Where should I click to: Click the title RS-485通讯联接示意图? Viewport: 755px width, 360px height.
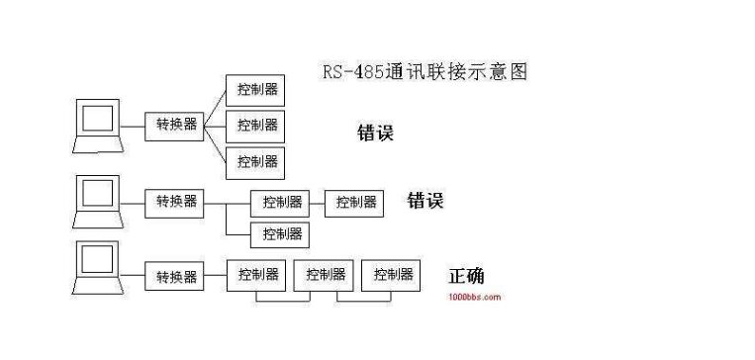pyautogui.click(x=425, y=72)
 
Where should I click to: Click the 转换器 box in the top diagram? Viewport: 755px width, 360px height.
pyautogui.click(x=174, y=127)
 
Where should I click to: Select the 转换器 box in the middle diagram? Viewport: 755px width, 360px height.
pyautogui.click(x=174, y=204)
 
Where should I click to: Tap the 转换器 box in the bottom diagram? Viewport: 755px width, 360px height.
pyautogui.click(x=174, y=276)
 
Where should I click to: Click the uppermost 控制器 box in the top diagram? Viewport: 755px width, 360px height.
pyautogui.click(x=255, y=90)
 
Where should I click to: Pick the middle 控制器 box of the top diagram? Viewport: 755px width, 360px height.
pyautogui.click(x=255, y=127)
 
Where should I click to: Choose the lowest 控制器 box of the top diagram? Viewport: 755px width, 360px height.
pyautogui.click(x=255, y=163)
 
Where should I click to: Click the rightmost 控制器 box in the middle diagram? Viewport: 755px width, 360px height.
pyautogui.click(x=354, y=204)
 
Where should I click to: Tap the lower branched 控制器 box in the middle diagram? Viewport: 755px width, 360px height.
pyautogui.click(x=280, y=234)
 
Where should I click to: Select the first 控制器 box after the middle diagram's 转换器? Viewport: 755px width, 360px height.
pyautogui.click(x=280, y=204)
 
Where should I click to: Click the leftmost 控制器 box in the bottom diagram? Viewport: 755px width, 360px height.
pyautogui.click(x=256, y=275)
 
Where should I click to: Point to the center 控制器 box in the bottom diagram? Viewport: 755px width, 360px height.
pyautogui.click(x=324, y=275)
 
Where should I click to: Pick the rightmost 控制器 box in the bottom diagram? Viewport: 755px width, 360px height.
pyautogui.click(x=391, y=275)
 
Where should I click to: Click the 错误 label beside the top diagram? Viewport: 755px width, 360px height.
pyautogui.click(x=376, y=133)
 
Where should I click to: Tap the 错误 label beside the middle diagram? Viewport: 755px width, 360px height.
pyautogui.click(x=425, y=200)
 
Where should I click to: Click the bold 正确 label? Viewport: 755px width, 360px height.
pyautogui.click(x=467, y=276)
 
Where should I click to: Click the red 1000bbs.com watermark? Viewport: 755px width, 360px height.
pyautogui.click(x=475, y=297)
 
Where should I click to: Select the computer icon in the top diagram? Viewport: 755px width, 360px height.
pyautogui.click(x=98, y=126)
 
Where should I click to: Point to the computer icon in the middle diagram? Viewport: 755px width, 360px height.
pyautogui.click(x=98, y=202)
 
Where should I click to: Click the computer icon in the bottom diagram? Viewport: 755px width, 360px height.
pyautogui.click(x=98, y=268)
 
